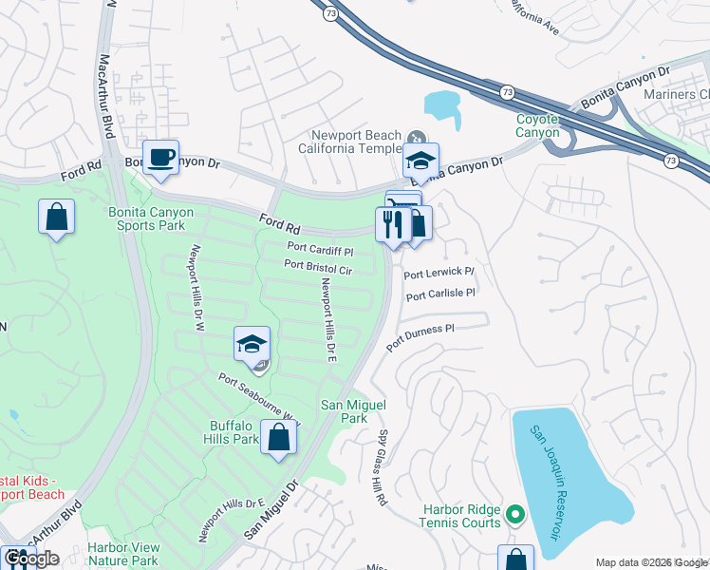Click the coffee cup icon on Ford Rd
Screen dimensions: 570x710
(x=160, y=158)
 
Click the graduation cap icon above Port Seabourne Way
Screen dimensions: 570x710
(x=252, y=343)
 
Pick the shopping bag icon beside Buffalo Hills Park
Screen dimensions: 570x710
(x=278, y=438)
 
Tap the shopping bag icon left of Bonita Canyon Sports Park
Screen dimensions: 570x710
(x=57, y=216)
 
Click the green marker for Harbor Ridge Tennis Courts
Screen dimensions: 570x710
(x=516, y=516)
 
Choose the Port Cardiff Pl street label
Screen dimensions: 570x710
(x=320, y=251)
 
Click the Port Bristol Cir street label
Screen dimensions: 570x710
(x=318, y=269)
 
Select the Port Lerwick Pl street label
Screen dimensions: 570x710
(x=439, y=274)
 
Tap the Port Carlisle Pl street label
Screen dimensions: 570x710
(x=440, y=295)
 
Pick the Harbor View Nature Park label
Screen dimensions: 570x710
(x=122, y=554)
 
